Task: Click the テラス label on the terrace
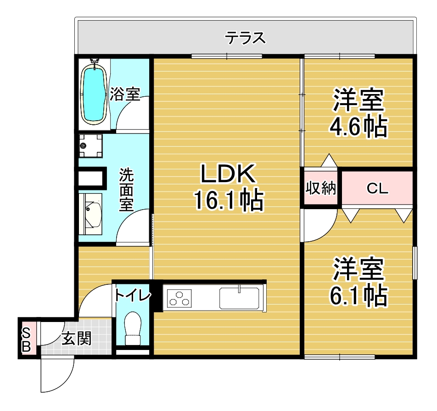click(245, 38)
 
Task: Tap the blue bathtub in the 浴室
click(94, 94)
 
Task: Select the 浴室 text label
click(125, 94)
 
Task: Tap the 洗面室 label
click(127, 189)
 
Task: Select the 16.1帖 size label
click(228, 200)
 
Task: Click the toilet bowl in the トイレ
click(133, 327)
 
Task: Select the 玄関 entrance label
click(77, 339)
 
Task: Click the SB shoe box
click(26, 340)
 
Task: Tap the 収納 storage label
click(321, 188)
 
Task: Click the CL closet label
click(378, 189)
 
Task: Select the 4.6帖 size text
click(358, 127)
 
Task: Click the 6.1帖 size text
click(358, 296)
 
